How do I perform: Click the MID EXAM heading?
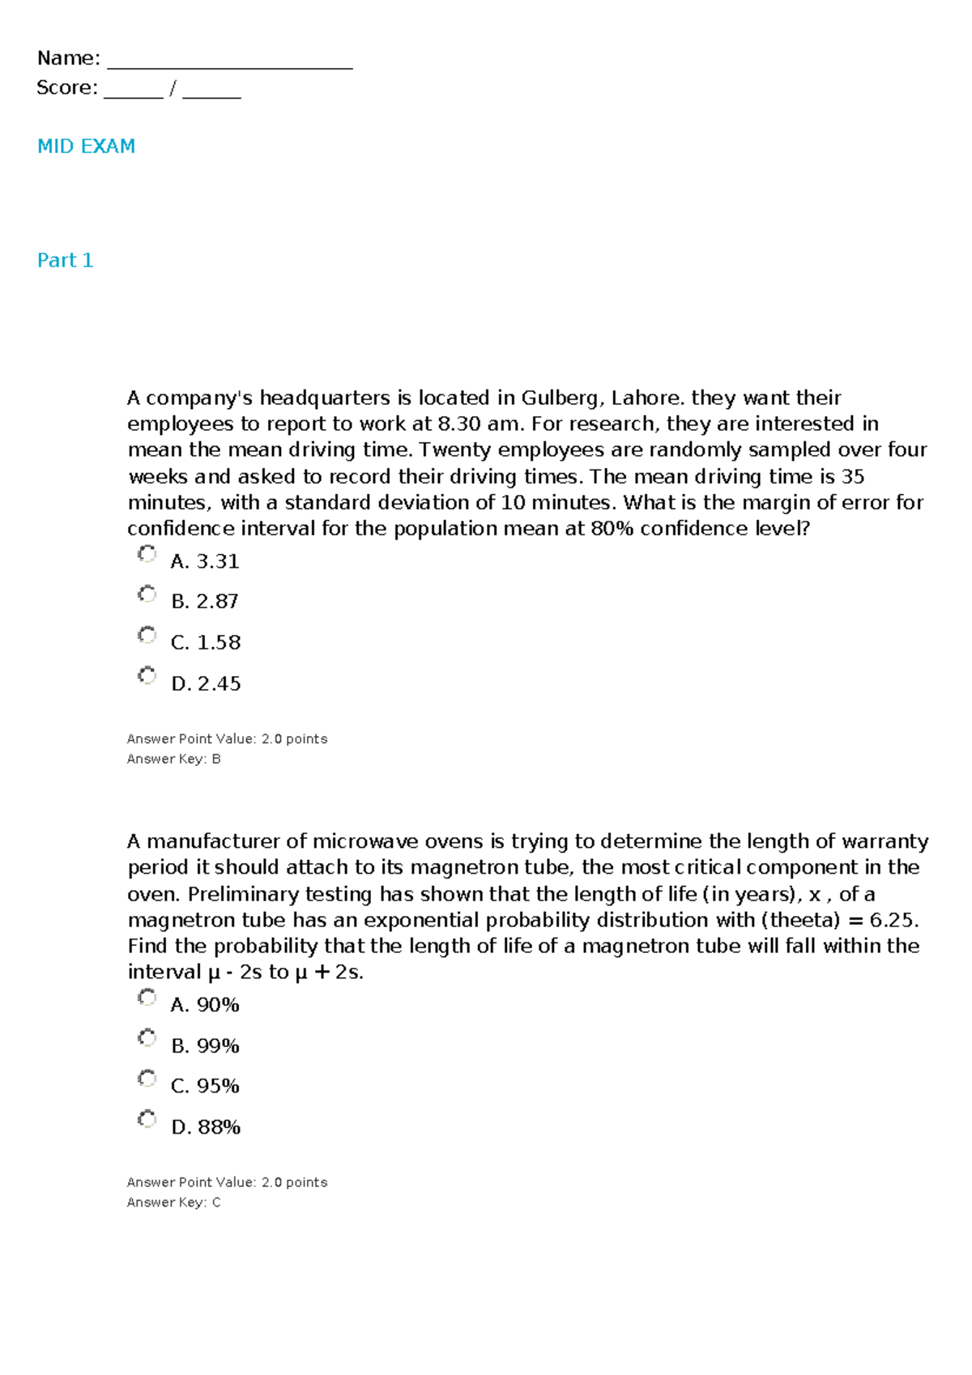click(86, 147)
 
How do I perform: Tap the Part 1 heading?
click(65, 260)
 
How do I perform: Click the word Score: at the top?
click(66, 87)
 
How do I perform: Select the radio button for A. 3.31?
click(147, 554)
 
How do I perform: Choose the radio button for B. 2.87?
click(147, 594)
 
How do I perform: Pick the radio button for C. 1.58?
click(147, 635)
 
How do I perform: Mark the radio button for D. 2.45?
click(147, 675)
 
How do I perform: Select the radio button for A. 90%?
click(147, 998)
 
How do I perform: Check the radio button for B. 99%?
click(147, 1038)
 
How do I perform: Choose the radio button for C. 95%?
click(147, 1079)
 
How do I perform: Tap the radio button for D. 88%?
click(147, 1119)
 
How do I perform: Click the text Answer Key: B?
click(173, 759)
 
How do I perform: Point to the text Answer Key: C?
click(173, 1203)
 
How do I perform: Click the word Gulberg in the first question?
click(561, 398)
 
